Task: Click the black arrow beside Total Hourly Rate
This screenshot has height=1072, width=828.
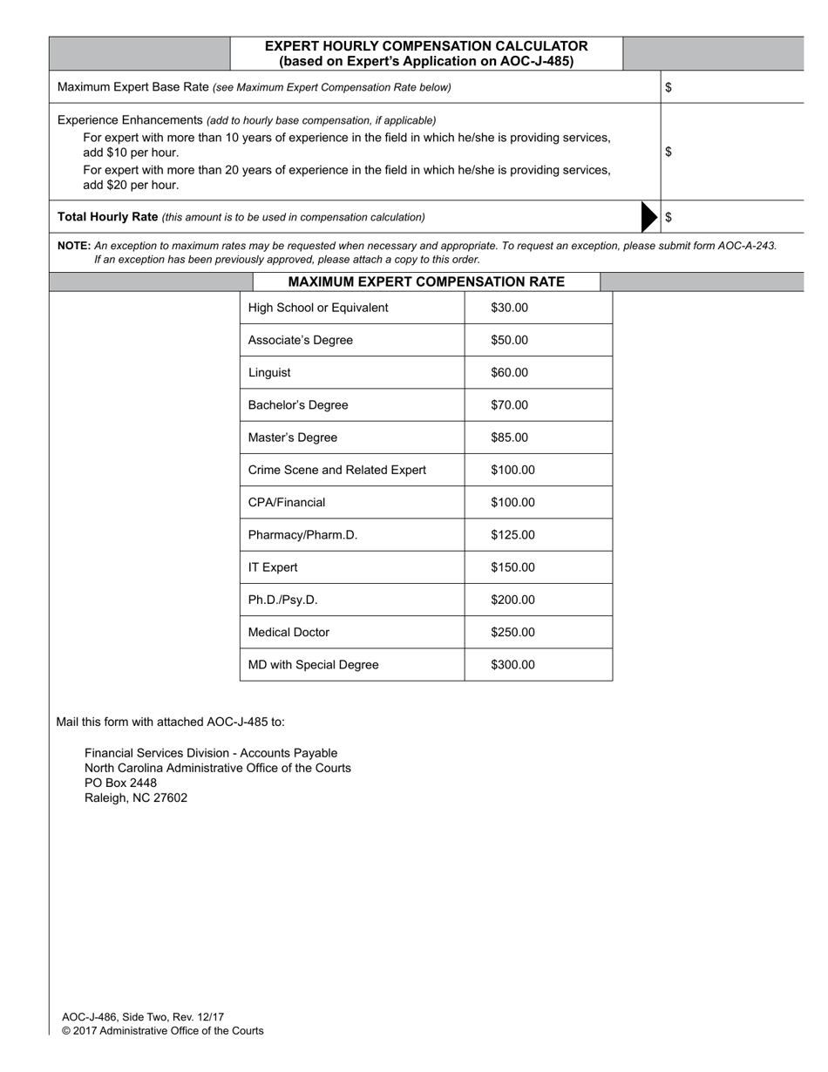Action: click(649, 217)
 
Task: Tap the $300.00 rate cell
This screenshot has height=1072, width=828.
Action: click(512, 665)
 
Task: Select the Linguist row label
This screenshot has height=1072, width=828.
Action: click(269, 373)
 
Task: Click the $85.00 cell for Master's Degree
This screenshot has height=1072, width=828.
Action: click(509, 438)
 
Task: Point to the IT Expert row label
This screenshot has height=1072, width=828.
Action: click(273, 567)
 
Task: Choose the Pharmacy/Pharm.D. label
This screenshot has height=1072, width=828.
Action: click(302, 535)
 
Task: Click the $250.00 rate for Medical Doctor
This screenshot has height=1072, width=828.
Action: click(512, 633)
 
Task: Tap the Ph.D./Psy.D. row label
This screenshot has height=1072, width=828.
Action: click(282, 600)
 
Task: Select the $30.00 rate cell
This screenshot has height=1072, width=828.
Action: click(509, 308)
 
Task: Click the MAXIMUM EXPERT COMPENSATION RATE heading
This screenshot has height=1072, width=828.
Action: click(426, 282)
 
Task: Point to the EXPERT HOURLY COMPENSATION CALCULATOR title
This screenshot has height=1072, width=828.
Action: click(426, 46)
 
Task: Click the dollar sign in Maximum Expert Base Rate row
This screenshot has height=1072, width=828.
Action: click(669, 87)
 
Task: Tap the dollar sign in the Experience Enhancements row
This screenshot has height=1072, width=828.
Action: click(669, 152)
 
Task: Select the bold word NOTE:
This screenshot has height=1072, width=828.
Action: click(74, 246)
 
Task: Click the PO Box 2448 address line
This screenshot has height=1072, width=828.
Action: click(120, 783)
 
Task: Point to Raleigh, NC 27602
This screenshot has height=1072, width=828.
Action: click(135, 797)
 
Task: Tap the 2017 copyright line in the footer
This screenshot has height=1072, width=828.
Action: click(162, 1031)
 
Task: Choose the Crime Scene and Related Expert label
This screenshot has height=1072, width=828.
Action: click(336, 471)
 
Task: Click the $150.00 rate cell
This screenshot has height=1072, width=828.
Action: click(512, 567)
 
